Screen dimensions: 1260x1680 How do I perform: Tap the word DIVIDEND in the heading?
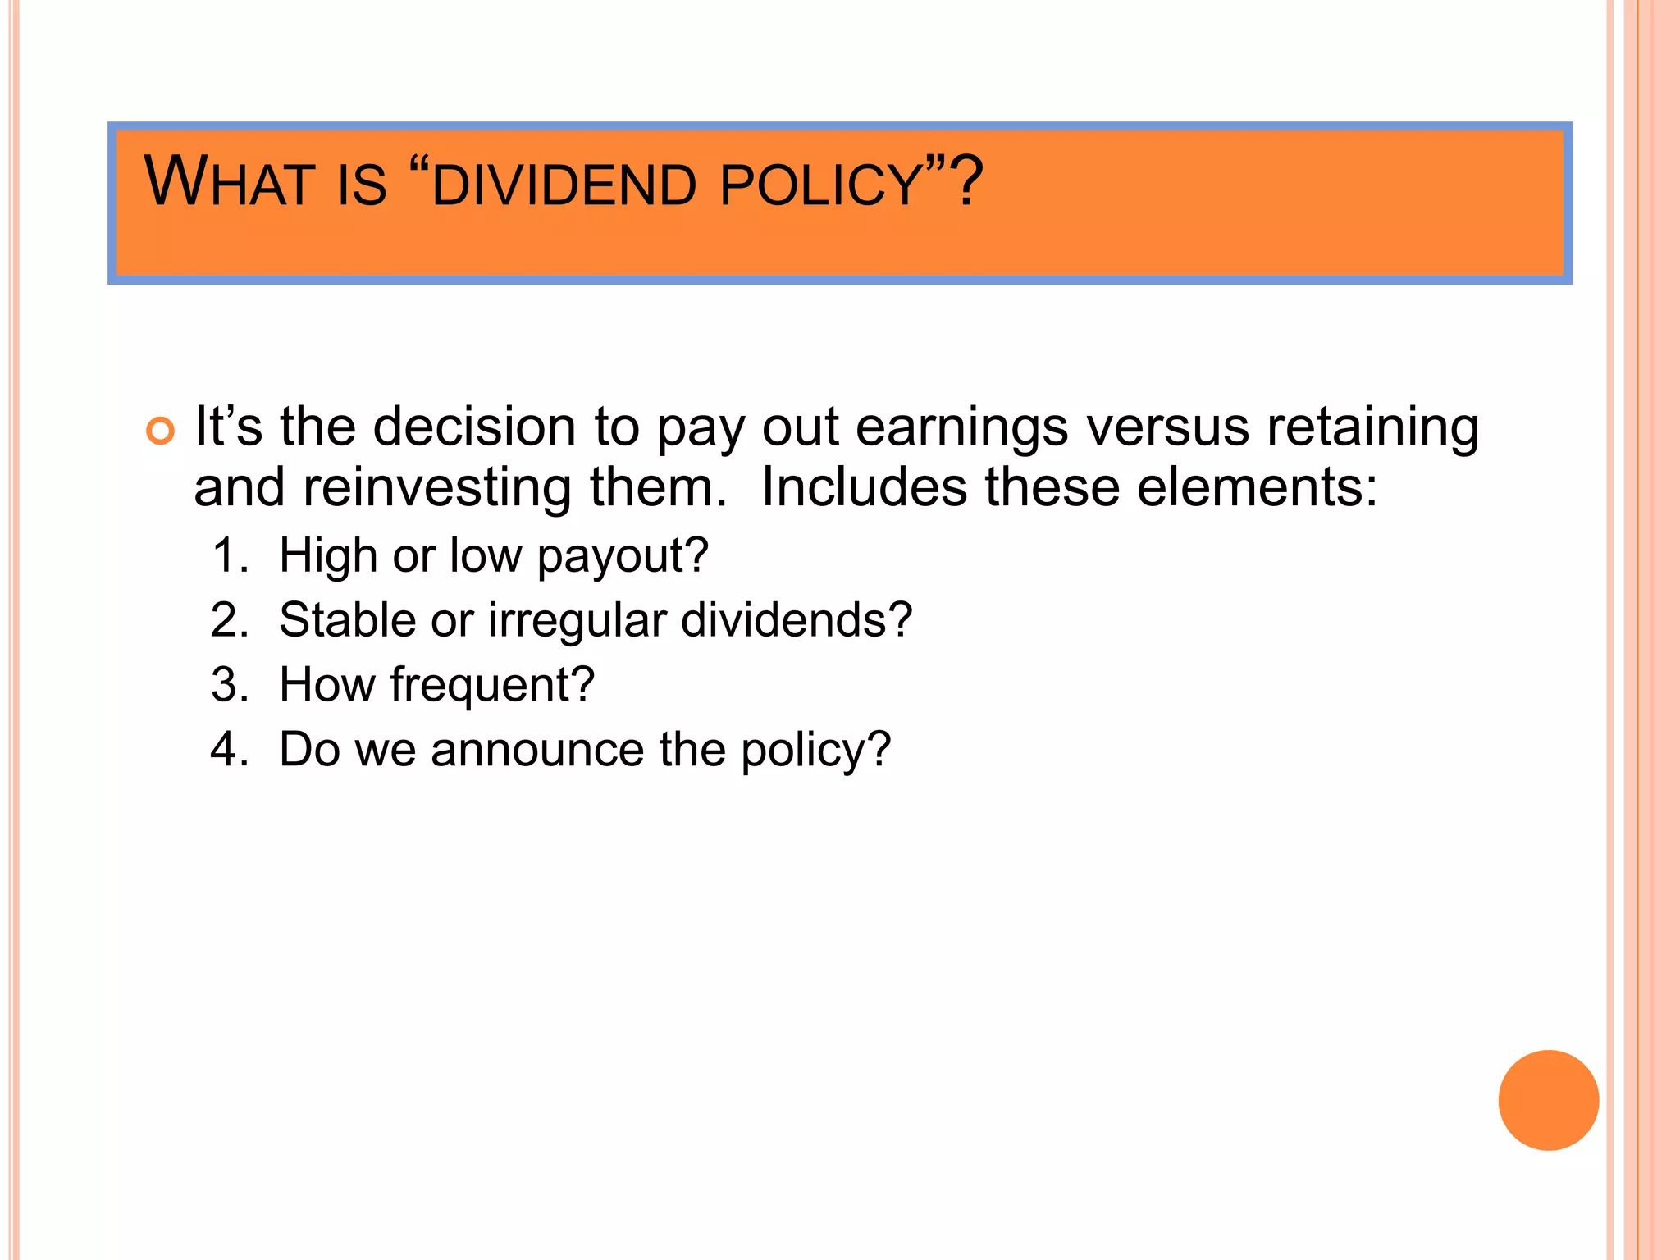(x=564, y=185)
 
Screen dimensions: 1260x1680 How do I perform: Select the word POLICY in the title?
(x=822, y=185)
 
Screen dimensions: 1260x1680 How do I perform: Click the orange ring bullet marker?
(x=160, y=431)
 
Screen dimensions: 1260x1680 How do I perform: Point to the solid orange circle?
(x=1548, y=1100)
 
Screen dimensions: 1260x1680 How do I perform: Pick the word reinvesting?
(x=437, y=489)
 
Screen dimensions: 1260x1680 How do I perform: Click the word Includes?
(x=864, y=487)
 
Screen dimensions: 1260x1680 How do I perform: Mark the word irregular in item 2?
(x=577, y=621)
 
